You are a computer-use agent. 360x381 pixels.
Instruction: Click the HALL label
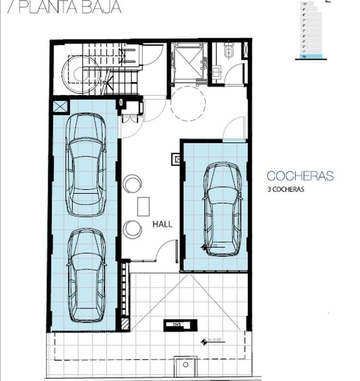(162, 224)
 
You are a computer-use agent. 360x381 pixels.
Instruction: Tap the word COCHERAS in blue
(300, 176)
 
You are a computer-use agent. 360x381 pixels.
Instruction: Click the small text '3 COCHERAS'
(285, 190)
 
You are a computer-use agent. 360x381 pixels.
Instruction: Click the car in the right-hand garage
(223, 209)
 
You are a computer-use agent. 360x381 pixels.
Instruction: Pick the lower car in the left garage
(87, 275)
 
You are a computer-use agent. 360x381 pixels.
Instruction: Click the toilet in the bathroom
(229, 53)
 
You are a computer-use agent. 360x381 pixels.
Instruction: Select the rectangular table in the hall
(143, 206)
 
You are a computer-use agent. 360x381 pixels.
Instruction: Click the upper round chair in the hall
(132, 184)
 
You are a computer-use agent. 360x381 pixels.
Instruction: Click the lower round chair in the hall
(132, 229)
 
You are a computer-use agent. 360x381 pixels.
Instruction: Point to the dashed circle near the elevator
(188, 104)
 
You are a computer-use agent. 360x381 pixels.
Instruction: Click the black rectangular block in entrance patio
(180, 325)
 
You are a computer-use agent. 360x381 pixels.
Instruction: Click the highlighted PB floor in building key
(309, 57)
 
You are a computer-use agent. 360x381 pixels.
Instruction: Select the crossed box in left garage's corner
(60, 107)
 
